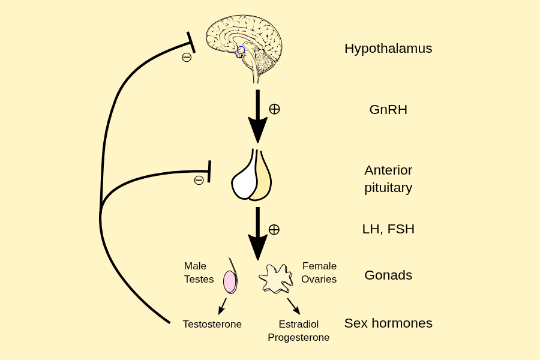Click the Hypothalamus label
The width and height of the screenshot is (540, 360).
pyautogui.click(x=388, y=49)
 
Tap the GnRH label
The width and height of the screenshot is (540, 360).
pyautogui.click(x=388, y=110)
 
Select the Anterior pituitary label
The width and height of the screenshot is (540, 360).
pyautogui.click(x=388, y=179)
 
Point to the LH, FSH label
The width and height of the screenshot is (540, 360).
pyautogui.click(x=388, y=229)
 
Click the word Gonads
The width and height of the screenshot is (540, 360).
pyautogui.click(x=388, y=275)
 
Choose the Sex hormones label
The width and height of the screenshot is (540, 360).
pyautogui.click(x=388, y=323)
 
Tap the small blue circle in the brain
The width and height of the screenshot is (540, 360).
pyautogui.click(x=241, y=50)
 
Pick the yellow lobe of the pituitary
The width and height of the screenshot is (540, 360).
pyautogui.click(x=262, y=180)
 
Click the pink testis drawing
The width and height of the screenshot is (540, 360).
pyautogui.click(x=230, y=281)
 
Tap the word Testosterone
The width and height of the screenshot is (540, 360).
pyautogui.click(x=212, y=325)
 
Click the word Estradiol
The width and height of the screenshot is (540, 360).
pyautogui.click(x=299, y=325)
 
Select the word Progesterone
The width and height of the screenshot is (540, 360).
pyautogui.click(x=299, y=338)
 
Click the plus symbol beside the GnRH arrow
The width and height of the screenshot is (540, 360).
pyautogui.click(x=274, y=109)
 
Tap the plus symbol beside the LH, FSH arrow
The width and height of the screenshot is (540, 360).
pyautogui.click(x=274, y=229)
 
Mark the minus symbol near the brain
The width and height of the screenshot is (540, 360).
pyautogui.click(x=187, y=58)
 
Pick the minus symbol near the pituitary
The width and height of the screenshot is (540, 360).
pyautogui.click(x=199, y=180)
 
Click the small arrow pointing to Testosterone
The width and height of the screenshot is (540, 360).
pyautogui.click(x=222, y=306)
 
